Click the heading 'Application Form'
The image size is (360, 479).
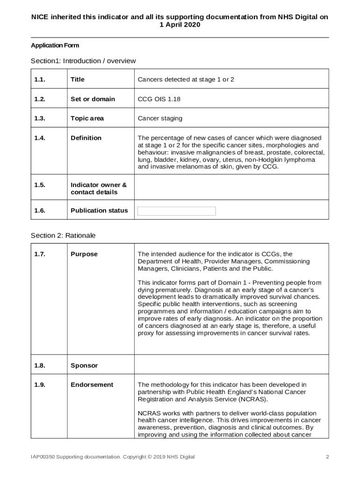(x=55, y=45)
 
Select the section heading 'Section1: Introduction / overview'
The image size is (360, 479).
(x=83, y=61)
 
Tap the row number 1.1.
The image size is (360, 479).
(x=39, y=80)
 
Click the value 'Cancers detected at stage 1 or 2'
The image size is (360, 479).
(x=186, y=80)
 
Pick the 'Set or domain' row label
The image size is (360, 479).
(x=93, y=99)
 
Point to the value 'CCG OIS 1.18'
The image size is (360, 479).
(x=159, y=99)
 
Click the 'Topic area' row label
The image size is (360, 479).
(x=87, y=118)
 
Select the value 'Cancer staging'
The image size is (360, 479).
(x=160, y=118)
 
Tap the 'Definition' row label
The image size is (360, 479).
(x=86, y=138)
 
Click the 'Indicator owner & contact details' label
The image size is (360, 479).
(x=98, y=189)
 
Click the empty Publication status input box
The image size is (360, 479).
(x=176, y=211)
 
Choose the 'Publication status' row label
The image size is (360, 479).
(x=99, y=210)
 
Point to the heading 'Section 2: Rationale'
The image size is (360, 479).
(x=63, y=235)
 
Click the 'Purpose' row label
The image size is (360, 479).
(x=84, y=254)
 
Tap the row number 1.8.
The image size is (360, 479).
(x=39, y=365)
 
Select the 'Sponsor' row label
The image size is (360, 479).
(x=84, y=365)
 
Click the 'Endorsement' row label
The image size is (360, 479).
(x=92, y=385)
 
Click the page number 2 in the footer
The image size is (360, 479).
(x=327, y=457)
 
